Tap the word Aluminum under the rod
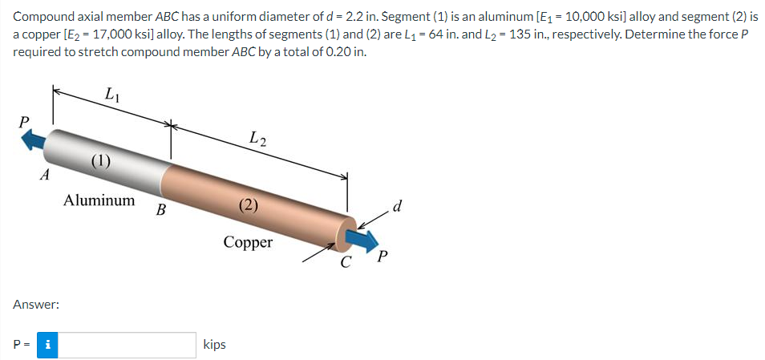click(99, 200)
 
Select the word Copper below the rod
click(248, 242)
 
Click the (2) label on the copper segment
click(249, 204)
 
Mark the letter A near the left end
click(46, 173)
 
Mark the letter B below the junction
click(160, 212)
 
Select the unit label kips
click(215, 345)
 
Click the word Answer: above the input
click(36, 305)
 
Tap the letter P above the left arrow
click(25, 121)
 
